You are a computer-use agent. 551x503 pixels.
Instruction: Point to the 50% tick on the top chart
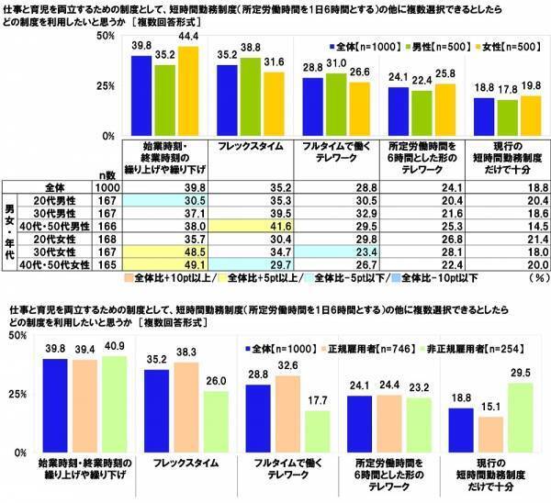tap(106, 36)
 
